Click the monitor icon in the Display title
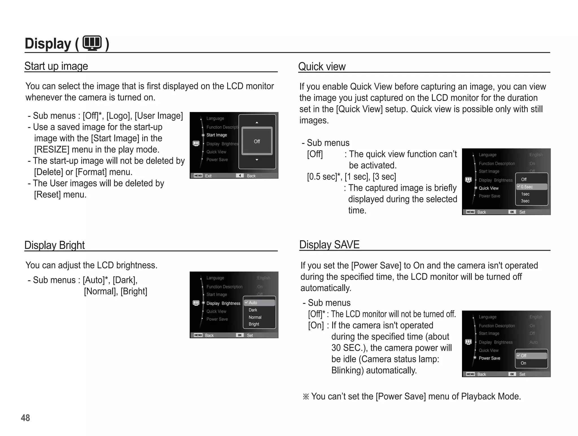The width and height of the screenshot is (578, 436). [x=92, y=43]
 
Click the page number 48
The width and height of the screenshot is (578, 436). [x=25, y=418]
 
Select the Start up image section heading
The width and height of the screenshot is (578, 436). [x=56, y=66]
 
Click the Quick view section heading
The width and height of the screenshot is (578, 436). [x=322, y=67]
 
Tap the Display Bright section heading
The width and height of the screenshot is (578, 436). [x=54, y=245]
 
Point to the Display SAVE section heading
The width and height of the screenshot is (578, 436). [x=329, y=244]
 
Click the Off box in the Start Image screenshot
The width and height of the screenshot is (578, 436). [x=257, y=141]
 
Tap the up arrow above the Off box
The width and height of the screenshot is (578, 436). [x=257, y=122]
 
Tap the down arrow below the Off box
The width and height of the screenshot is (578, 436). [x=257, y=160]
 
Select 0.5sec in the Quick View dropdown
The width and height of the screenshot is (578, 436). [x=527, y=187]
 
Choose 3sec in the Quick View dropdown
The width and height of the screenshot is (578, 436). [x=525, y=201]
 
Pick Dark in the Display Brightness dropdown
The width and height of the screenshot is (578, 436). [x=253, y=310]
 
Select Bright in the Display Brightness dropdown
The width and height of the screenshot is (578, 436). [x=254, y=324]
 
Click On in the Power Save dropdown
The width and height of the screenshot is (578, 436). [x=523, y=363]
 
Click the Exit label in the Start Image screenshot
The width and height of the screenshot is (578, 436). [x=208, y=176]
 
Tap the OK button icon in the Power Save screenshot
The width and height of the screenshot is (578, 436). [x=512, y=374]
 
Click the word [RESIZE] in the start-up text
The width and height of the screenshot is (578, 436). [x=52, y=149]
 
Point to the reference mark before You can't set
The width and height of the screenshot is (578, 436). [x=306, y=396]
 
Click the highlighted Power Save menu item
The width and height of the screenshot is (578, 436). [x=489, y=358]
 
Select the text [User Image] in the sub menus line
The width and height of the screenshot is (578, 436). [x=159, y=116]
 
